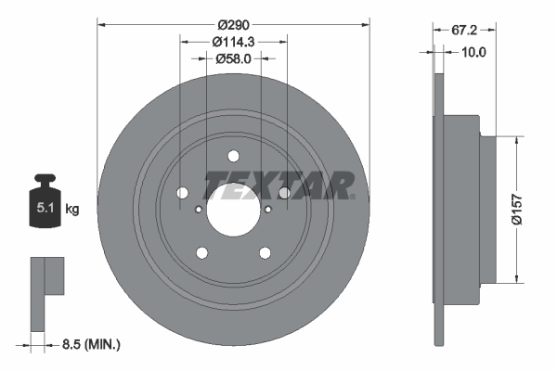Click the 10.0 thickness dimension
(473, 52)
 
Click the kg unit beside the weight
(72, 210)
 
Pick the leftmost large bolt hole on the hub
(181, 193)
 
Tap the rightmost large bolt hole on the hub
(285, 193)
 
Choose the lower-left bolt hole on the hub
(201, 253)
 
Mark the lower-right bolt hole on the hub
(266, 253)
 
